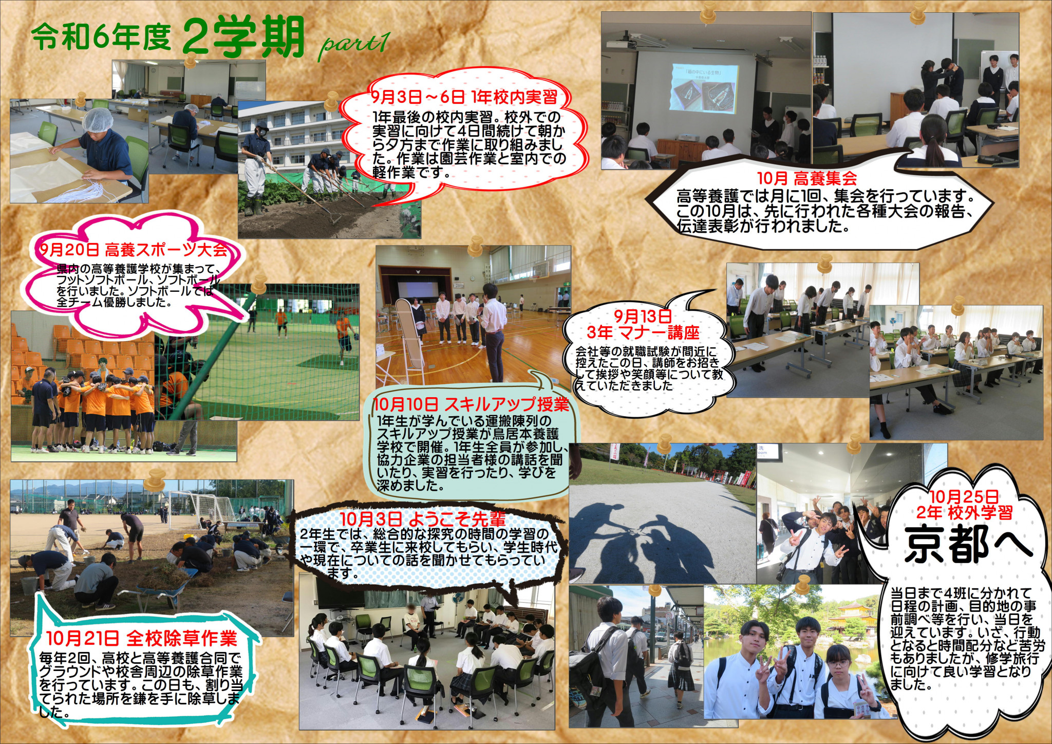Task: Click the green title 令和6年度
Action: (101, 39)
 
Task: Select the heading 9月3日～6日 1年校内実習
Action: (464, 97)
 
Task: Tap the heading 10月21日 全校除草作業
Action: (141, 639)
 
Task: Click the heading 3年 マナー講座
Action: (643, 332)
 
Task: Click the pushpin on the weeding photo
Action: (154, 480)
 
